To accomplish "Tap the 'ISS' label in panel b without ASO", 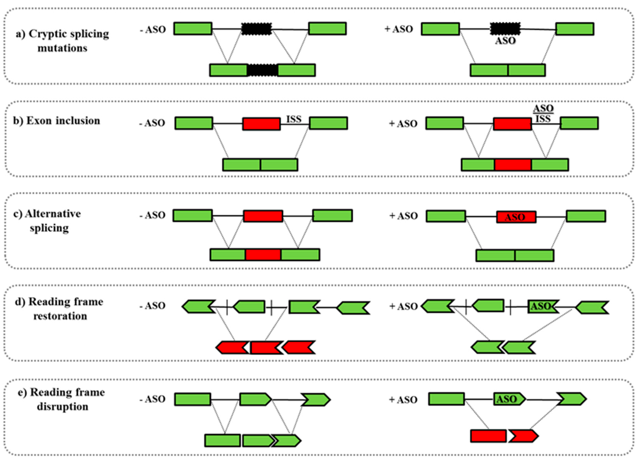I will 294,119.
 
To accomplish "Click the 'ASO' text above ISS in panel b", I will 543,108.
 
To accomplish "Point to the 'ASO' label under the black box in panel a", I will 505,41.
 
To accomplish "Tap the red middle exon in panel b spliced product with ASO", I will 513,165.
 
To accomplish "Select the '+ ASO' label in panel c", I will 403,216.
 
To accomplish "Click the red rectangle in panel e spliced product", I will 488,436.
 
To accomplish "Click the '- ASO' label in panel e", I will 152,399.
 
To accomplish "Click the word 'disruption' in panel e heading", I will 63,407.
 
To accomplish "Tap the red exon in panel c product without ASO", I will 263,255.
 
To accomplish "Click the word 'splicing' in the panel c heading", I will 49,228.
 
